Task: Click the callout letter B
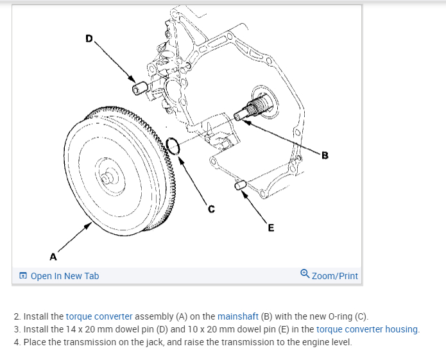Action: coord(325,155)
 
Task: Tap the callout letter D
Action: coord(89,39)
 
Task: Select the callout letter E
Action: coord(270,227)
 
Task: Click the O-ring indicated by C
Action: coord(173,146)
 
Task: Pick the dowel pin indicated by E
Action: coord(241,186)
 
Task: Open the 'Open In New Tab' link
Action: coord(64,276)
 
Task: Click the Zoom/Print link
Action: coord(334,276)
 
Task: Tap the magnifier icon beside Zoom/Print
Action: coord(305,275)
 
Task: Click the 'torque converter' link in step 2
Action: coord(99,316)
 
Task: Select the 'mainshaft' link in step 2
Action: coord(238,316)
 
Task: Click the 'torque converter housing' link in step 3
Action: coord(368,329)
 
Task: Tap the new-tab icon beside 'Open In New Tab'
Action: coord(23,276)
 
